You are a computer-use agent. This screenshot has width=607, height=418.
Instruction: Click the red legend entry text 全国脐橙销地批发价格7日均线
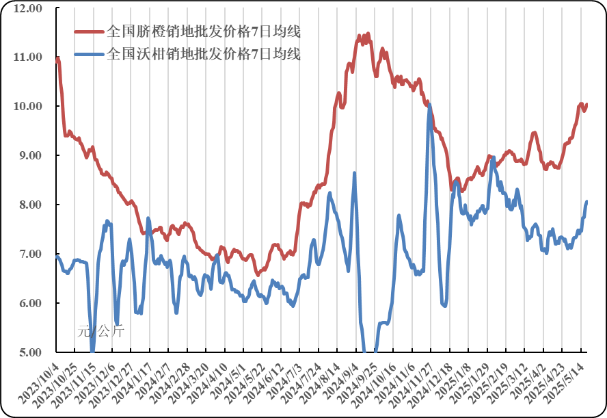tap(204, 31)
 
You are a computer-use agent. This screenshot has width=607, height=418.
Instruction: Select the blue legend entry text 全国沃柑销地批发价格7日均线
tap(204, 53)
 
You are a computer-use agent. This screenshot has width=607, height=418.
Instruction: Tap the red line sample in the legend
tap(90, 31)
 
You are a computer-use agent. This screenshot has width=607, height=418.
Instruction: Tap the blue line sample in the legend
tap(90, 53)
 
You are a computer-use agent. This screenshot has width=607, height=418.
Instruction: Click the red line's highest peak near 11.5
tap(368, 34)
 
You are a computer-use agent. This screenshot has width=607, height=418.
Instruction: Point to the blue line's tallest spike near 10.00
tap(429, 105)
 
